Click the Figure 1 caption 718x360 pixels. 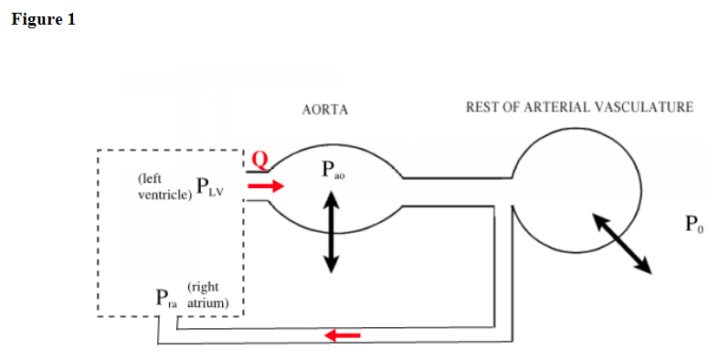(x=43, y=19)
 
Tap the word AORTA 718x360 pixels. (x=325, y=110)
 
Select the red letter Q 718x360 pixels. (x=259, y=160)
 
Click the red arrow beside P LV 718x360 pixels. (x=267, y=186)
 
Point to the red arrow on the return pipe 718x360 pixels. (x=343, y=335)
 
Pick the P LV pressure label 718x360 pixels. (x=209, y=186)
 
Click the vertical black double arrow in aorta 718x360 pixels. (x=331, y=234)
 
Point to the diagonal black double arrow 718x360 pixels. (x=621, y=242)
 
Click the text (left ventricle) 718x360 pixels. (x=158, y=187)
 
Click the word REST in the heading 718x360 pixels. (x=481, y=107)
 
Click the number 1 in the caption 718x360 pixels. (x=70, y=19)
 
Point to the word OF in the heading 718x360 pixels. (x=513, y=107)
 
